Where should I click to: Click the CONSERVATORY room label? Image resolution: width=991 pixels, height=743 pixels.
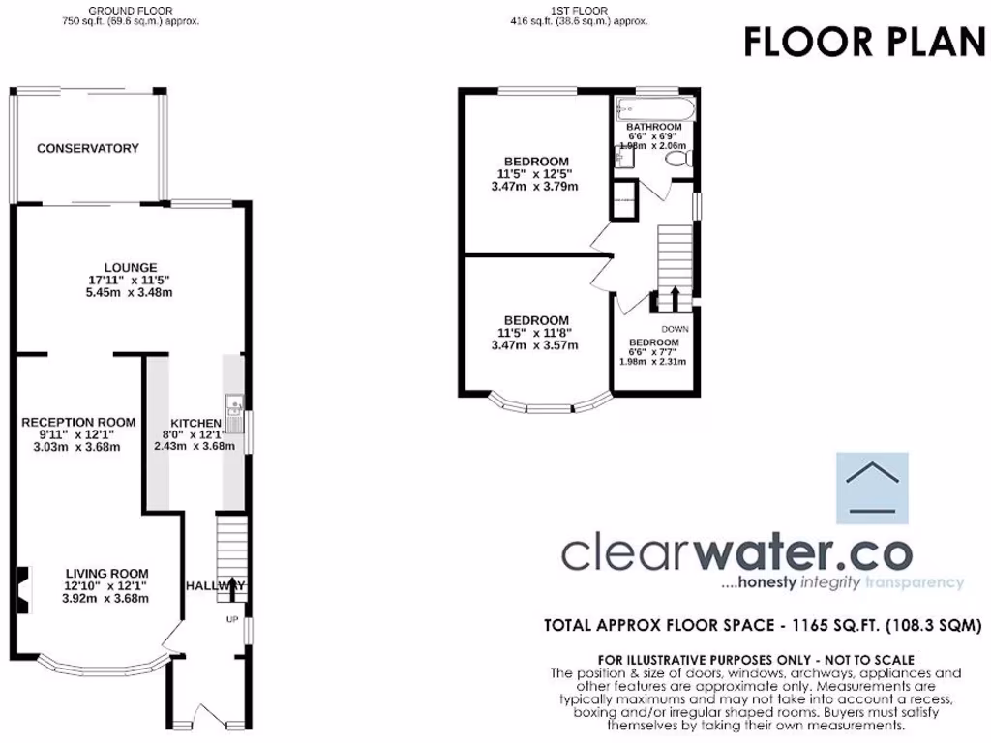[88, 148]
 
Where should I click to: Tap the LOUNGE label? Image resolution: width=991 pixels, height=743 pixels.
[131, 268]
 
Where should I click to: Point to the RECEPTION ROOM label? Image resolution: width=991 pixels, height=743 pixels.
[78, 422]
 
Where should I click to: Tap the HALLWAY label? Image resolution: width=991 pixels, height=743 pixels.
[215, 585]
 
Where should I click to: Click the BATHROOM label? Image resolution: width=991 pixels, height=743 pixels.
[653, 127]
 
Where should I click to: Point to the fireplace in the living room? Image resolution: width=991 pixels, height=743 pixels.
[23, 584]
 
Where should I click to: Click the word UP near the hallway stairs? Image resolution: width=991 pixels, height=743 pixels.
[231, 619]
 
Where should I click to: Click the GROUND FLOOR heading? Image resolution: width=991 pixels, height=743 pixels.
[124, 11]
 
